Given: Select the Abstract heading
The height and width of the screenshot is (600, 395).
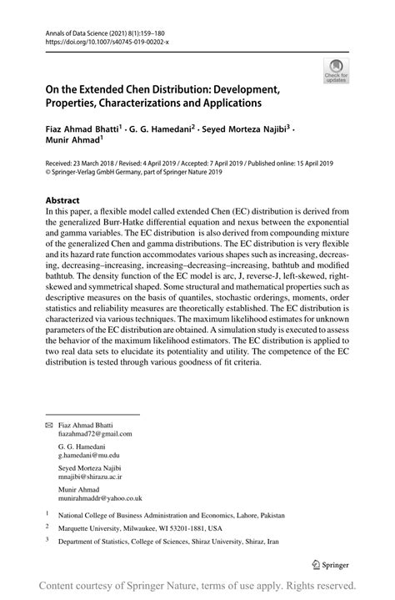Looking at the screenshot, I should coord(63,201).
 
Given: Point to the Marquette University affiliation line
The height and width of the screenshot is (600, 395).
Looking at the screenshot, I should coord(145,528).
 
